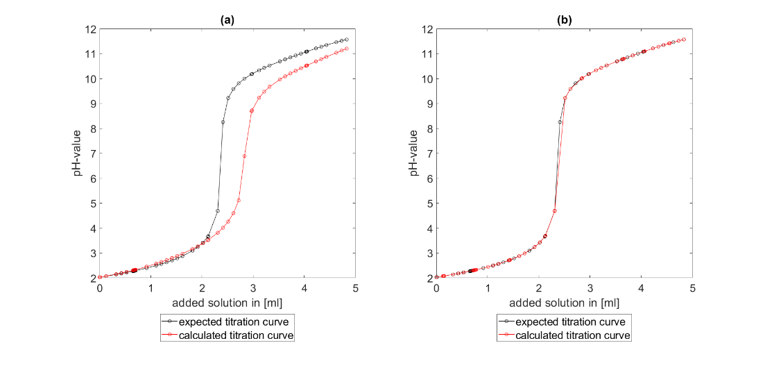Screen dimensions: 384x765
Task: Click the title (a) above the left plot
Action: (227, 20)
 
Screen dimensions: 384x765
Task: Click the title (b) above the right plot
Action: (564, 20)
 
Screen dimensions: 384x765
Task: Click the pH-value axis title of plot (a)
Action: (78, 153)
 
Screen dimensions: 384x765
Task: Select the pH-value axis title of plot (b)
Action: (415, 153)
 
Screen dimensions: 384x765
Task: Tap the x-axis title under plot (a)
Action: (227, 303)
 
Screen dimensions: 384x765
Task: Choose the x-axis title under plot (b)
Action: (564, 303)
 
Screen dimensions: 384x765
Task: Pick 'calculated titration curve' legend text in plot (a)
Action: (236, 335)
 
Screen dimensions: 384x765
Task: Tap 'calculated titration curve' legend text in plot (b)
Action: (573, 335)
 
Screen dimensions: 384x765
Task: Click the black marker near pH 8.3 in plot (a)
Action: (223, 122)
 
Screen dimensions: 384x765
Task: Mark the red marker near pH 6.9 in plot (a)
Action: (244, 156)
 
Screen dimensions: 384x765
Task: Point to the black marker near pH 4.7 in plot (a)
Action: (218, 211)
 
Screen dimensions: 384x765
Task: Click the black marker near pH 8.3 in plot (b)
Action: (560, 122)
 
